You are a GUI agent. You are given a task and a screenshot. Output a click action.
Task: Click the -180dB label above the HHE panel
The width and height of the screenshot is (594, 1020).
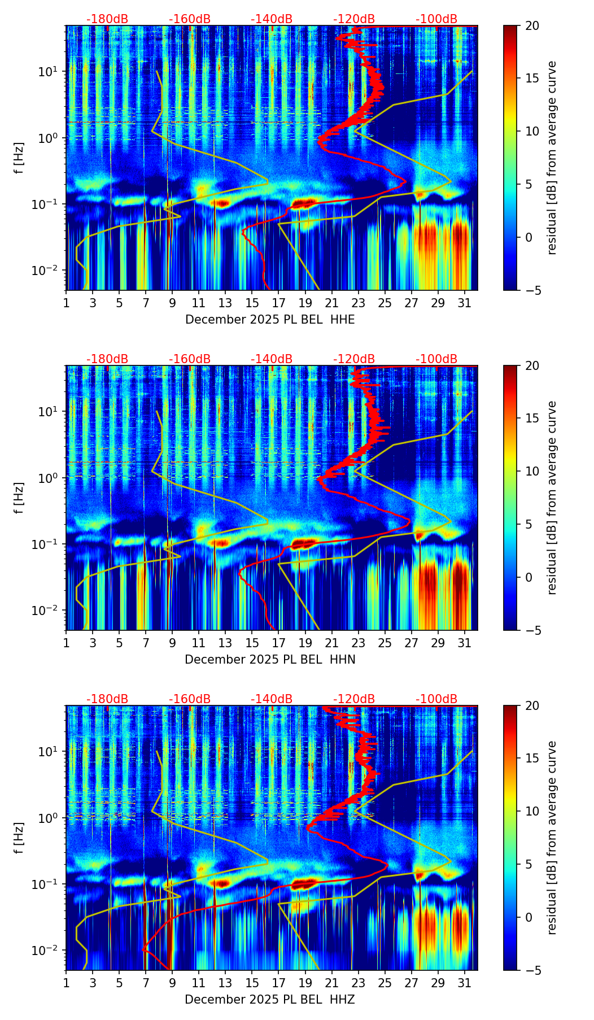pyautogui.click(x=107, y=19)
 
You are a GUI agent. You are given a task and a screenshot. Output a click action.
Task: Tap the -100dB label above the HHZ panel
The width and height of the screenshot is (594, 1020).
pyautogui.click(x=436, y=699)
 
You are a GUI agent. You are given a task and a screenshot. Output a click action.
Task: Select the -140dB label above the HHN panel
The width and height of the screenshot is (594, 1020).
pyautogui.click(x=272, y=359)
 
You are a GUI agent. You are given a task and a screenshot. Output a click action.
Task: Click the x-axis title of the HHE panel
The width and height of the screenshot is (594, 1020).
pyautogui.click(x=270, y=320)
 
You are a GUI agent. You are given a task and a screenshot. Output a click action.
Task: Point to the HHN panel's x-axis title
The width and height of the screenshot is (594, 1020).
pyautogui.click(x=270, y=660)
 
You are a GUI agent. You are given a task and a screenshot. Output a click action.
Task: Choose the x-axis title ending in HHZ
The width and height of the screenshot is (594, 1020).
pyautogui.click(x=270, y=1000)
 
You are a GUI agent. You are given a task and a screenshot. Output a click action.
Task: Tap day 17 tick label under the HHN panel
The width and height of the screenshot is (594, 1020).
pyautogui.click(x=279, y=643)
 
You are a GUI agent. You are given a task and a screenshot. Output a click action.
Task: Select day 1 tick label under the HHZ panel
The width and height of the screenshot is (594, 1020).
pyautogui.click(x=67, y=983)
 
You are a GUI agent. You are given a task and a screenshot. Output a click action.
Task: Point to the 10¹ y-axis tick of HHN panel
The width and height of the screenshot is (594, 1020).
pyautogui.click(x=53, y=411)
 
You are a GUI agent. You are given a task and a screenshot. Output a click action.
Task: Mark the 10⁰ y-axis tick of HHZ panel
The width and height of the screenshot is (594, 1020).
pyautogui.click(x=53, y=818)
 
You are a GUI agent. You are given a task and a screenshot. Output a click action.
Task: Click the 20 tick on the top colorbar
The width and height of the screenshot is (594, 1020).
pyautogui.click(x=532, y=26)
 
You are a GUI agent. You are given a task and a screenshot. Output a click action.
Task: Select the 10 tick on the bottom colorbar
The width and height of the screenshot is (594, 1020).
pyautogui.click(x=532, y=812)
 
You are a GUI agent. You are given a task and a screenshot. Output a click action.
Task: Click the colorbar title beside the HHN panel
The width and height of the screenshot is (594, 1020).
pyautogui.click(x=552, y=498)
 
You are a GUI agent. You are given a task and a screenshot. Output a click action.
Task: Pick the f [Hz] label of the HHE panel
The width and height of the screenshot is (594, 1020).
pyautogui.click(x=19, y=158)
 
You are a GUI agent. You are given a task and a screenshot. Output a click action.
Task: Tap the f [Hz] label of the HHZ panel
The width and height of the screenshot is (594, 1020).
pyautogui.click(x=19, y=838)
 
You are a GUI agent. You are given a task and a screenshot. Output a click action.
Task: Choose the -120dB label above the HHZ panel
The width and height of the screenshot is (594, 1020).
pyautogui.click(x=354, y=699)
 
